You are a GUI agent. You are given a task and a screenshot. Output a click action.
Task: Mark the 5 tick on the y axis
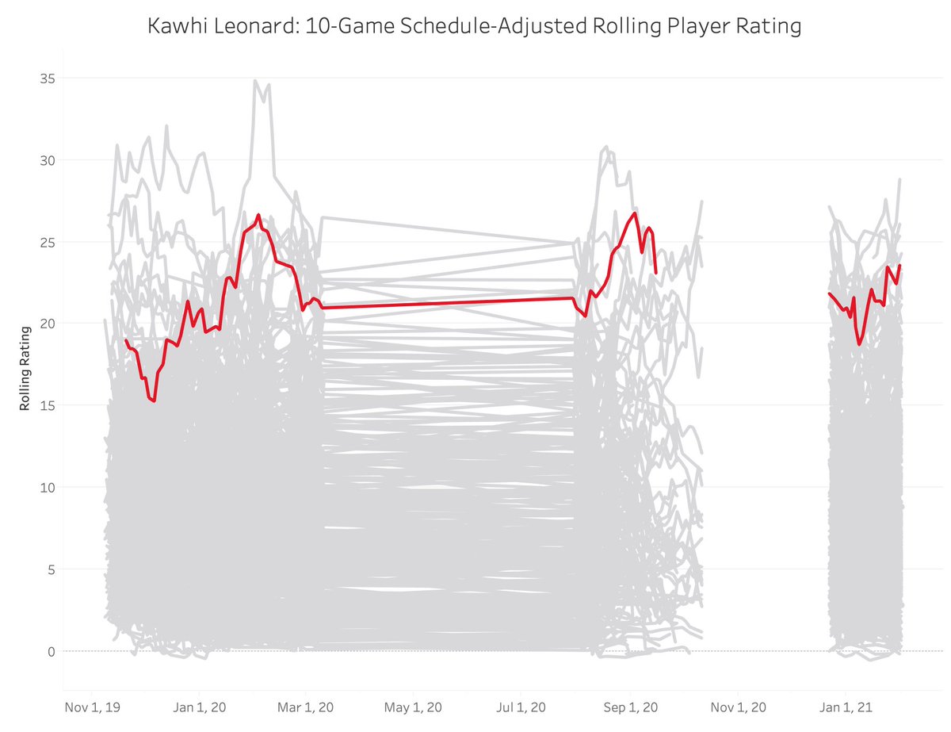[x=48, y=569]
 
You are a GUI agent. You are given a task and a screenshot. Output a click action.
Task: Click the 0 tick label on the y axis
[x=48, y=651]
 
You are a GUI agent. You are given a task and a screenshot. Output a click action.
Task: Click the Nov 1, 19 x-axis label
[x=90, y=706]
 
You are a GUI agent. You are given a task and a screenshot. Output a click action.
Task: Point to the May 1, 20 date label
[x=414, y=706]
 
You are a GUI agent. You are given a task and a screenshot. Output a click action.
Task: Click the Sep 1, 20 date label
[x=631, y=706]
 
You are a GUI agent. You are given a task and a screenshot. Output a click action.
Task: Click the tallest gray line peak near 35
[x=255, y=81]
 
